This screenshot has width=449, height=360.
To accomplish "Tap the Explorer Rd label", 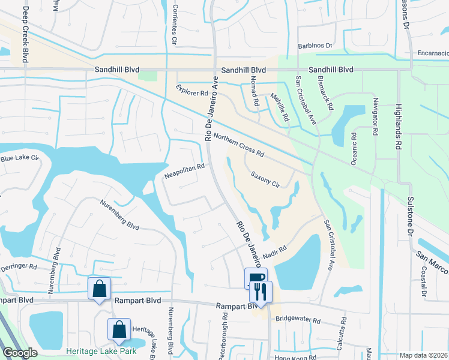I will pyautogui.click(x=191, y=91).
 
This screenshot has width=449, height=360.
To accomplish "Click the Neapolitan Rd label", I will pyautogui.click(x=185, y=172).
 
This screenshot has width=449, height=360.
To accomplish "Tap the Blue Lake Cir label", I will pyautogui.click(x=19, y=159).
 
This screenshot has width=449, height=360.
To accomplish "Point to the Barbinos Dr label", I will pyautogui.click(x=315, y=45).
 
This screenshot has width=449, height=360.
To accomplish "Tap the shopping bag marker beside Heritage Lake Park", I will pyautogui.click(x=119, y=329).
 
